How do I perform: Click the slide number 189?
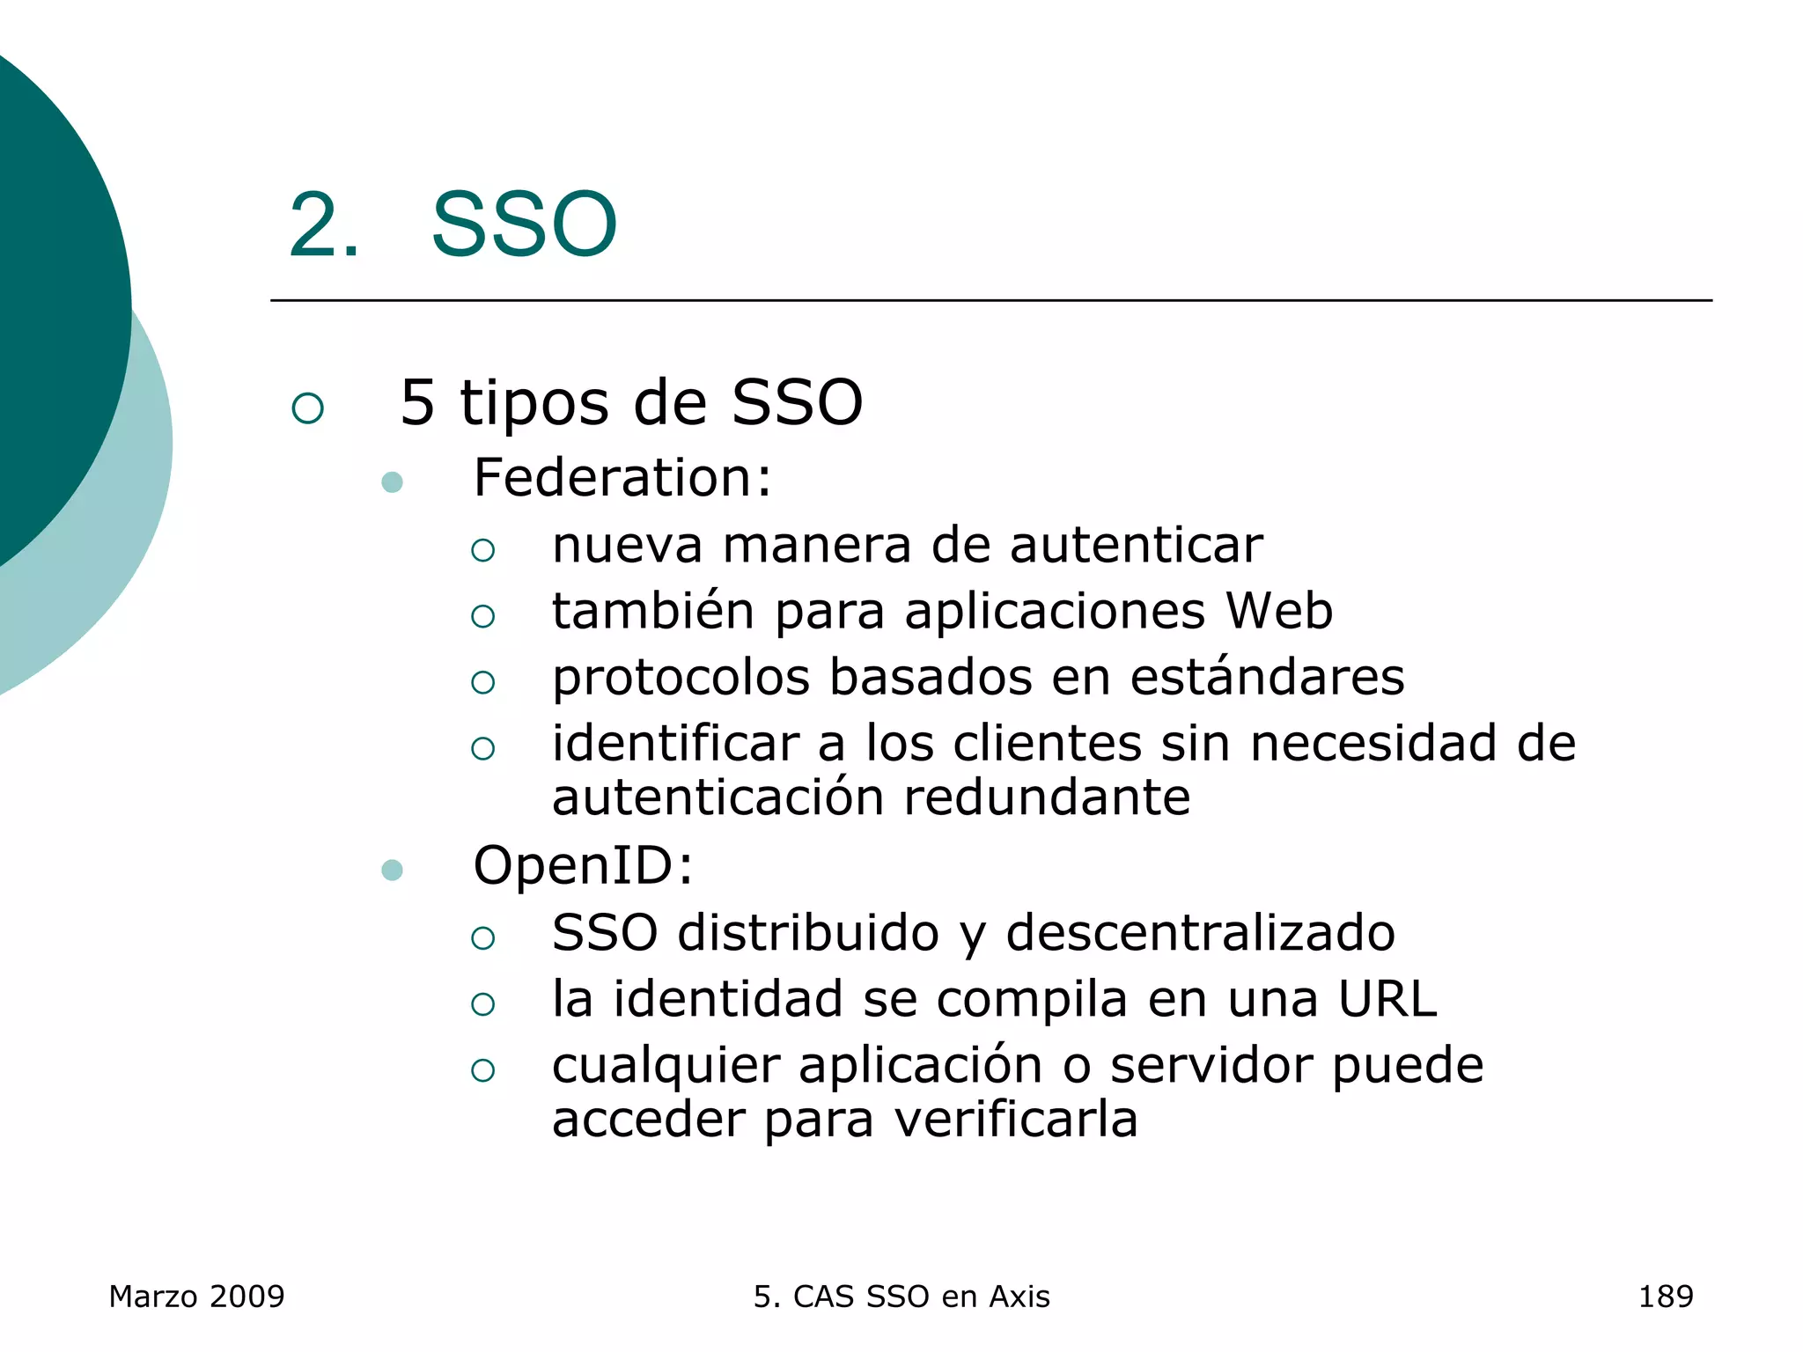[x=1665, y=1297]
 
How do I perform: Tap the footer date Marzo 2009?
[x=196, y=1297]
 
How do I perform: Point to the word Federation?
[x=622, y=478]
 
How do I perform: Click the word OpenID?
[x=583, y=865]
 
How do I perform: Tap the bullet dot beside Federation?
[x=393, y=482]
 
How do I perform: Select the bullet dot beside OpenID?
[x=393, y=871]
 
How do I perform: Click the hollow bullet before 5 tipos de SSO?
[x=308, y=408]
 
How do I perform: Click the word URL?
[x=1387, y=999]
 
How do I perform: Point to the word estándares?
[x=1267, y=677]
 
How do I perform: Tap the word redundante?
[x=1047, y=797]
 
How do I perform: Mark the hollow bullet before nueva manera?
[x=482, y=551]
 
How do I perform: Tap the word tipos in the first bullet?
[x=534, y=403]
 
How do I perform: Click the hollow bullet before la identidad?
[x=482, y=1004]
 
